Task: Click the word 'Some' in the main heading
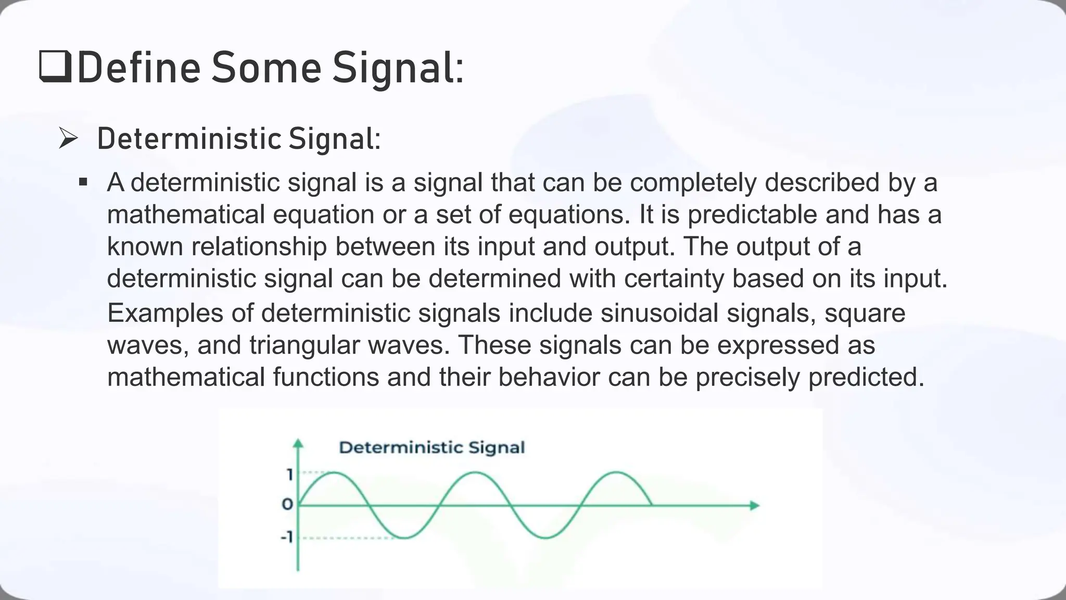[x=266, y=68]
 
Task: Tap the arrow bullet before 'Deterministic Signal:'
[x=68, y=139]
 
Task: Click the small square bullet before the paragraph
[x=83, y=183]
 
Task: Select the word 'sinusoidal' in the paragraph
[x=659, y=313]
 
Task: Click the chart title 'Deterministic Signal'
[x=432, y=447]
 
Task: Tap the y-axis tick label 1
[x=290, y=474]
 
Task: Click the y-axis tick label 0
[x=287, y=504]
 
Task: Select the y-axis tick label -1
[x=287, y=537]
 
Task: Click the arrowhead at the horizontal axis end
[x=754, y=505]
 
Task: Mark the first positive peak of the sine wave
[x=334, y=472]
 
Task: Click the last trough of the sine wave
[x=545, y=537]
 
